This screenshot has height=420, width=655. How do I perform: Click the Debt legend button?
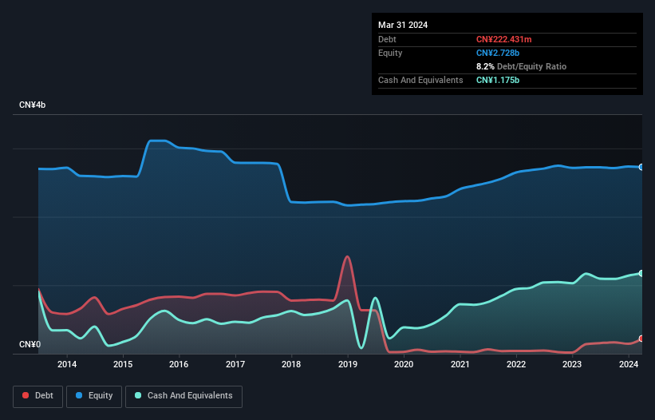(37, 396)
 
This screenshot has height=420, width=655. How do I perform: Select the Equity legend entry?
(95, 396)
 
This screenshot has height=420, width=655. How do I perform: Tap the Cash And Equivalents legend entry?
(183, 396)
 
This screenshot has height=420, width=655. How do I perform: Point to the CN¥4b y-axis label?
(33, 105)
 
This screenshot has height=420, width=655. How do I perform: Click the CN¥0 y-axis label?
(30, 344)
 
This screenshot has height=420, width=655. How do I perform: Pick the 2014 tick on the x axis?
(67, 365)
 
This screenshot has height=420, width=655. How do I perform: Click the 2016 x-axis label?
(180, 365)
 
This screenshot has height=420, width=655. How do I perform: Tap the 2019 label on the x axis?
(348, 365)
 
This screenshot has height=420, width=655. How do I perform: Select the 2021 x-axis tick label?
(460, 365)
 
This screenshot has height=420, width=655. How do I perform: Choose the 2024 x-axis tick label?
(629, 365)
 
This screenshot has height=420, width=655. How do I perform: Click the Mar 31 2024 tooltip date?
(403, 25)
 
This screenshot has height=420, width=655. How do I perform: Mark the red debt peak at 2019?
(347, 257)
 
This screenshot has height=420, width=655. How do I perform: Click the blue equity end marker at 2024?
(641, 167)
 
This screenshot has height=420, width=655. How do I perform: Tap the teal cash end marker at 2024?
(641, 273)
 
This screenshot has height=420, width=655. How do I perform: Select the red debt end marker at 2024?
(641, 339)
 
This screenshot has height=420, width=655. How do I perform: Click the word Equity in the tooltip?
(390, 53)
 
